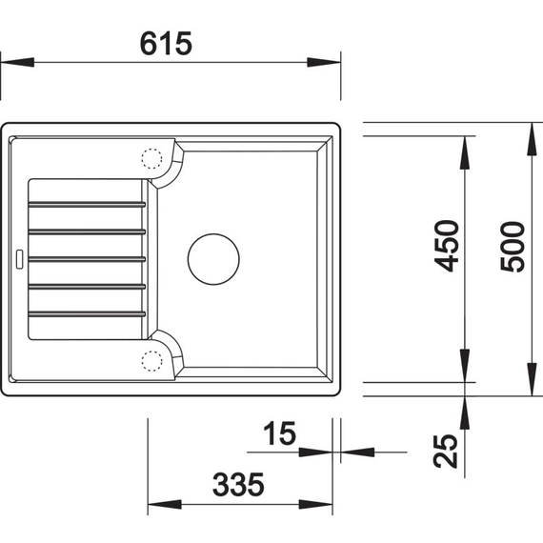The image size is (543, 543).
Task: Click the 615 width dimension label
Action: (x=166, y=44)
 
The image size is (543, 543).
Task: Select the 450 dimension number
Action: (x=447, y=246)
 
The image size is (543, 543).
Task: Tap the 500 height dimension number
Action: (x=513, y=247)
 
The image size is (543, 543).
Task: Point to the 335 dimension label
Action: (x=238, y=485)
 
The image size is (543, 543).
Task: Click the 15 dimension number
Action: (x=280, y=432)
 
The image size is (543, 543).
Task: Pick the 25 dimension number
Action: (x=446, y=451)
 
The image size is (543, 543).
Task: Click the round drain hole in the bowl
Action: (x=213, y=259)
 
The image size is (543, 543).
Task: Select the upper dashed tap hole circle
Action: (x=151, y=158)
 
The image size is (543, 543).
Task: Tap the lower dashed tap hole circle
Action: (x=151, y=361)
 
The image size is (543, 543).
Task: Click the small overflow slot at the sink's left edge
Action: (x=19, y=259)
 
